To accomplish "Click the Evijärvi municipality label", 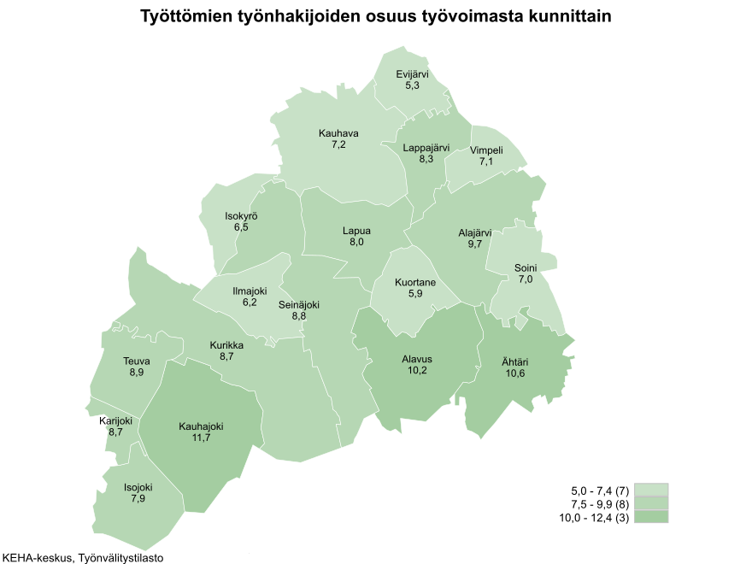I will tap(412, 74).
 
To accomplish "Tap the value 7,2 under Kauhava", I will tap(338, 145).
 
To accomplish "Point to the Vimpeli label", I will tap(486, 150).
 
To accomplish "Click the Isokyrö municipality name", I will tap(241, 216).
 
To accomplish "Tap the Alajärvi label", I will tap(475, 232).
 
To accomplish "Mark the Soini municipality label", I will tap(525, 267).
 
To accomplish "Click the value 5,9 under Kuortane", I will tap(415, 294).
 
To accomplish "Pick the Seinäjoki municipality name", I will tap(299, 304).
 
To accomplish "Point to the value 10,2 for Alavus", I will tap(416, 371).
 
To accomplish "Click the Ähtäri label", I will tap(514, 361).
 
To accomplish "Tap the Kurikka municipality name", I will tap(226, 345).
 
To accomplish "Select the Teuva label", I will tap(137, 361).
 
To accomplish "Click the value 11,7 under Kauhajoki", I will tap(201, 438).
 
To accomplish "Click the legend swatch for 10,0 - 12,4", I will tap(651, 517).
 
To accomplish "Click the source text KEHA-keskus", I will tap(37, 558).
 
